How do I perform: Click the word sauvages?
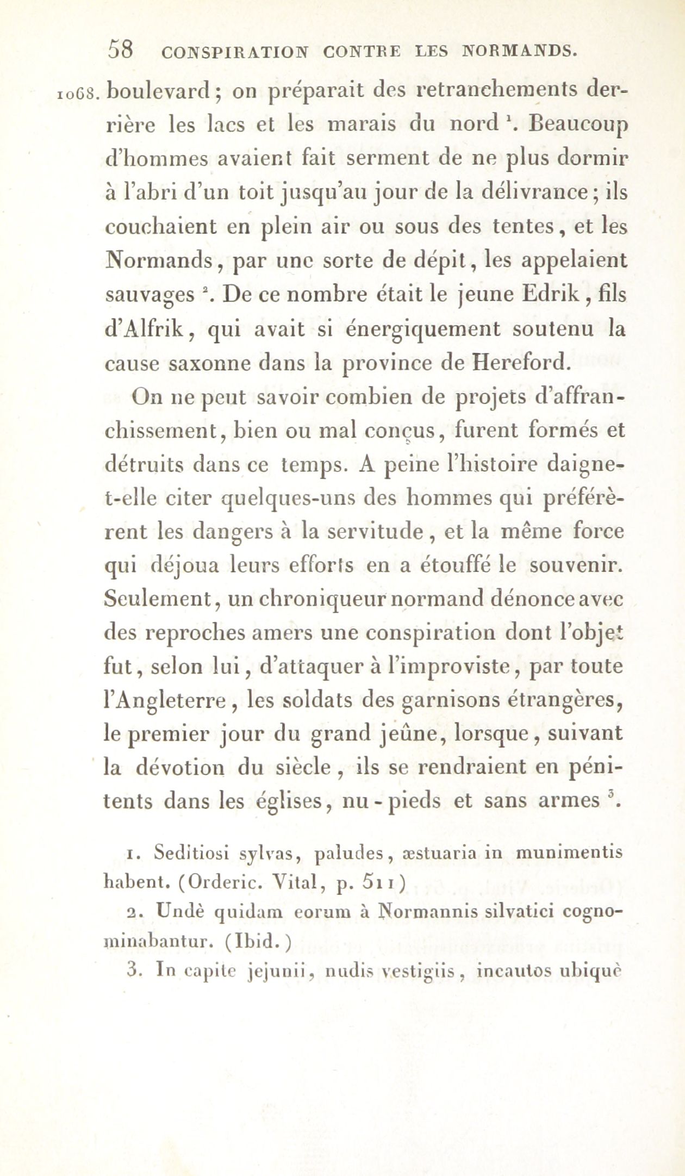pyautogui.click(x=149, y=296)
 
